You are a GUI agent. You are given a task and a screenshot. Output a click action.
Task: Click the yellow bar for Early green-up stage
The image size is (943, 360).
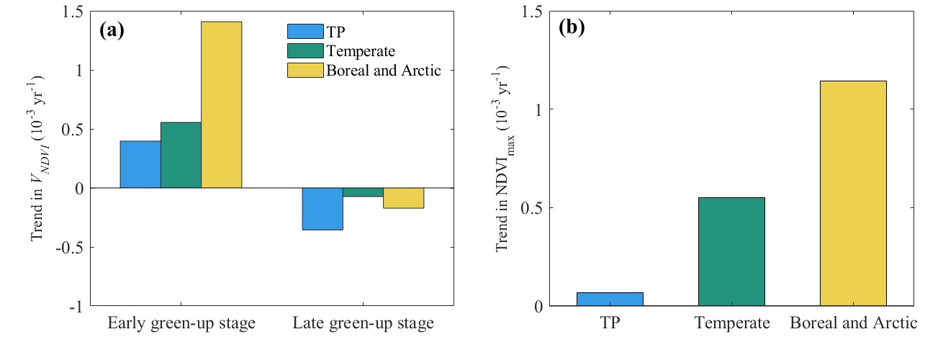[x=221, y=105]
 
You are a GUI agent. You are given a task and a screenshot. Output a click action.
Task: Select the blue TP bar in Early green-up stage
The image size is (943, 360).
[x=140, y=164]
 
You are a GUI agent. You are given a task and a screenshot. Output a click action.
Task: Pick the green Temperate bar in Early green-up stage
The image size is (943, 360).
[x=181, y=155]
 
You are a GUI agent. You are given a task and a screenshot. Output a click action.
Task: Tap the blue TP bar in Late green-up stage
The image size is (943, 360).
[x=322, y=209]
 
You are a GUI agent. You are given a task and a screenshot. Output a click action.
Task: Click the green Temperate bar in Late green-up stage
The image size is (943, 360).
[x=363, y=192]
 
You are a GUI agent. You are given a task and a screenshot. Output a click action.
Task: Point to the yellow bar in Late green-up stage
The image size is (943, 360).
[x=403, y=198]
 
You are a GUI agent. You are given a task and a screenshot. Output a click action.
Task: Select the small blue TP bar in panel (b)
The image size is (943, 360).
[x=610, y=299]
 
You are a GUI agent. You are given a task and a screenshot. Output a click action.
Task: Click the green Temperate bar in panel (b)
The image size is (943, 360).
[x=731, y=251]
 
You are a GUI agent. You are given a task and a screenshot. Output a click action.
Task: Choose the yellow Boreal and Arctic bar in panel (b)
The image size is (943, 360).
[x=853, y=193]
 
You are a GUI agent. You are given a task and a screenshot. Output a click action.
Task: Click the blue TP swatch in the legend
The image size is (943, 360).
[x=304, y=32]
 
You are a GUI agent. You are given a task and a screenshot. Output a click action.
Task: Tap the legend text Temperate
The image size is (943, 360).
[x=361, y=51]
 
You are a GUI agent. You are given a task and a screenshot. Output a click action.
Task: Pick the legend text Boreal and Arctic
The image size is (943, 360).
[x=383, y=71]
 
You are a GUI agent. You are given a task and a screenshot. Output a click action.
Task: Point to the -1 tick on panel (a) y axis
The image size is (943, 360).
[x=76, y=306]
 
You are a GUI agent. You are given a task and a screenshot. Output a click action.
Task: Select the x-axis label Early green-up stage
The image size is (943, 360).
[x=181, y=323]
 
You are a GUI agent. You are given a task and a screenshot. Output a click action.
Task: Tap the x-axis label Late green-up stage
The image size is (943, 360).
[x=363, y=323]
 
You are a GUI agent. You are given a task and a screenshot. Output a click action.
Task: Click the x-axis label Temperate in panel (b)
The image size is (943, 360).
[x=731, y=323]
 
